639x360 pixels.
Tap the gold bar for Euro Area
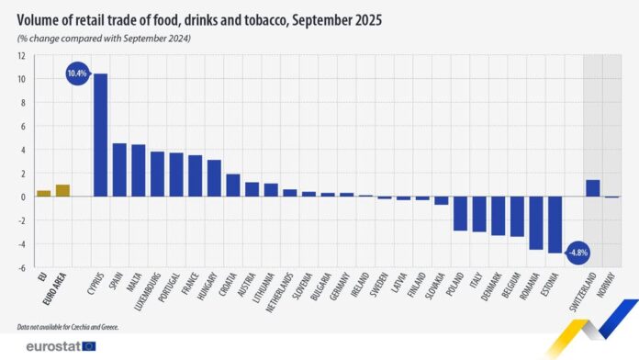point(62,191)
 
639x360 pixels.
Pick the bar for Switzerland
point(592,188)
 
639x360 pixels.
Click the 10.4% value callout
point(77,73)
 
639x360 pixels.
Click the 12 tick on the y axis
point(20,55)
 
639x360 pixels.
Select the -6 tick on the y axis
point(19,268)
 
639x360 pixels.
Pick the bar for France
point(195,175)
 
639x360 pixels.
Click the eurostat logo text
point(41,345)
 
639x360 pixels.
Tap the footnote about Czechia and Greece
point(67,326)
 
